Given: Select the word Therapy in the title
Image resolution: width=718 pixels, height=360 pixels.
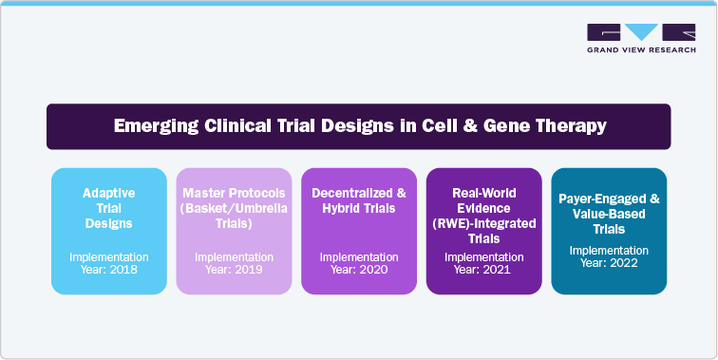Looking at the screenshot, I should pos(574,126).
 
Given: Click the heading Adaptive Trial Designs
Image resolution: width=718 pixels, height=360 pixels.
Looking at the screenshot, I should pos(107,208).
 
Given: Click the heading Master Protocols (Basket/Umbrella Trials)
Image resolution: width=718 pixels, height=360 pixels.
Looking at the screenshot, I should pos(233,208).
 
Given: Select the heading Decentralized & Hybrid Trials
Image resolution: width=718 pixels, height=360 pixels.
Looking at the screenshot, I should pos(357,200).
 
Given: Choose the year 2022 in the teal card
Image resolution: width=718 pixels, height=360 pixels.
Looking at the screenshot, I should pos(626,263).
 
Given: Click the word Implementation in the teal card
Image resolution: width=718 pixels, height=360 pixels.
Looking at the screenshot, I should pos(608,250).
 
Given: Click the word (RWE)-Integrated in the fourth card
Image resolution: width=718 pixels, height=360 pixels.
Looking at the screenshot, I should pos(482,222).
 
